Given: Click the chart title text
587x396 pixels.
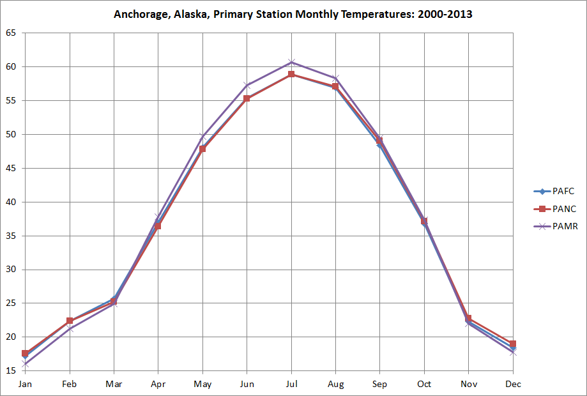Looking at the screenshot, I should click(x=293, y=14).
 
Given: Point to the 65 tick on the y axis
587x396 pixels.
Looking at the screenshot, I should click(x=11, y=33).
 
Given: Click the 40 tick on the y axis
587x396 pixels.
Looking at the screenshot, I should click(x=11, y=202).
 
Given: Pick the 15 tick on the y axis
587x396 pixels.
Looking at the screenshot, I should click(x=11, y=371).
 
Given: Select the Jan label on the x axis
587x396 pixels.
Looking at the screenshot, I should click(x=25, y=384).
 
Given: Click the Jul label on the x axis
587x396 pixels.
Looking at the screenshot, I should click(x=291, y=384).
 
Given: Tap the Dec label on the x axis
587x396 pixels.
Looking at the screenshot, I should click(x=513, y=384).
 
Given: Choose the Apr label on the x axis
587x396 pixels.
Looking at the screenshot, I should click(x=158, y=384).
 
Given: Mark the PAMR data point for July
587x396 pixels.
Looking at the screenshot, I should click(x=291, y=62).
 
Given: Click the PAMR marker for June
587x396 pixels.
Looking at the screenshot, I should click(x=247, y=85).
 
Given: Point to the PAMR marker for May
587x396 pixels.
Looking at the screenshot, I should click(x=202, y=135).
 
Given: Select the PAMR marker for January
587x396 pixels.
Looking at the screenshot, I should click(x=25, y=365).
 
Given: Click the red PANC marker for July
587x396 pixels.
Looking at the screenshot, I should click(x=291, y=74).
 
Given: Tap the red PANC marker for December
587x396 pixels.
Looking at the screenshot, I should click(x=513, y=344).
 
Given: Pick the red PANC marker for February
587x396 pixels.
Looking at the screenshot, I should click(x=69, y=321).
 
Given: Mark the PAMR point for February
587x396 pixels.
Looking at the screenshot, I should click(x=69, y=329).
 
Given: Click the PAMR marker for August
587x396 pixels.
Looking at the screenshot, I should click(x=335, y=78).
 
